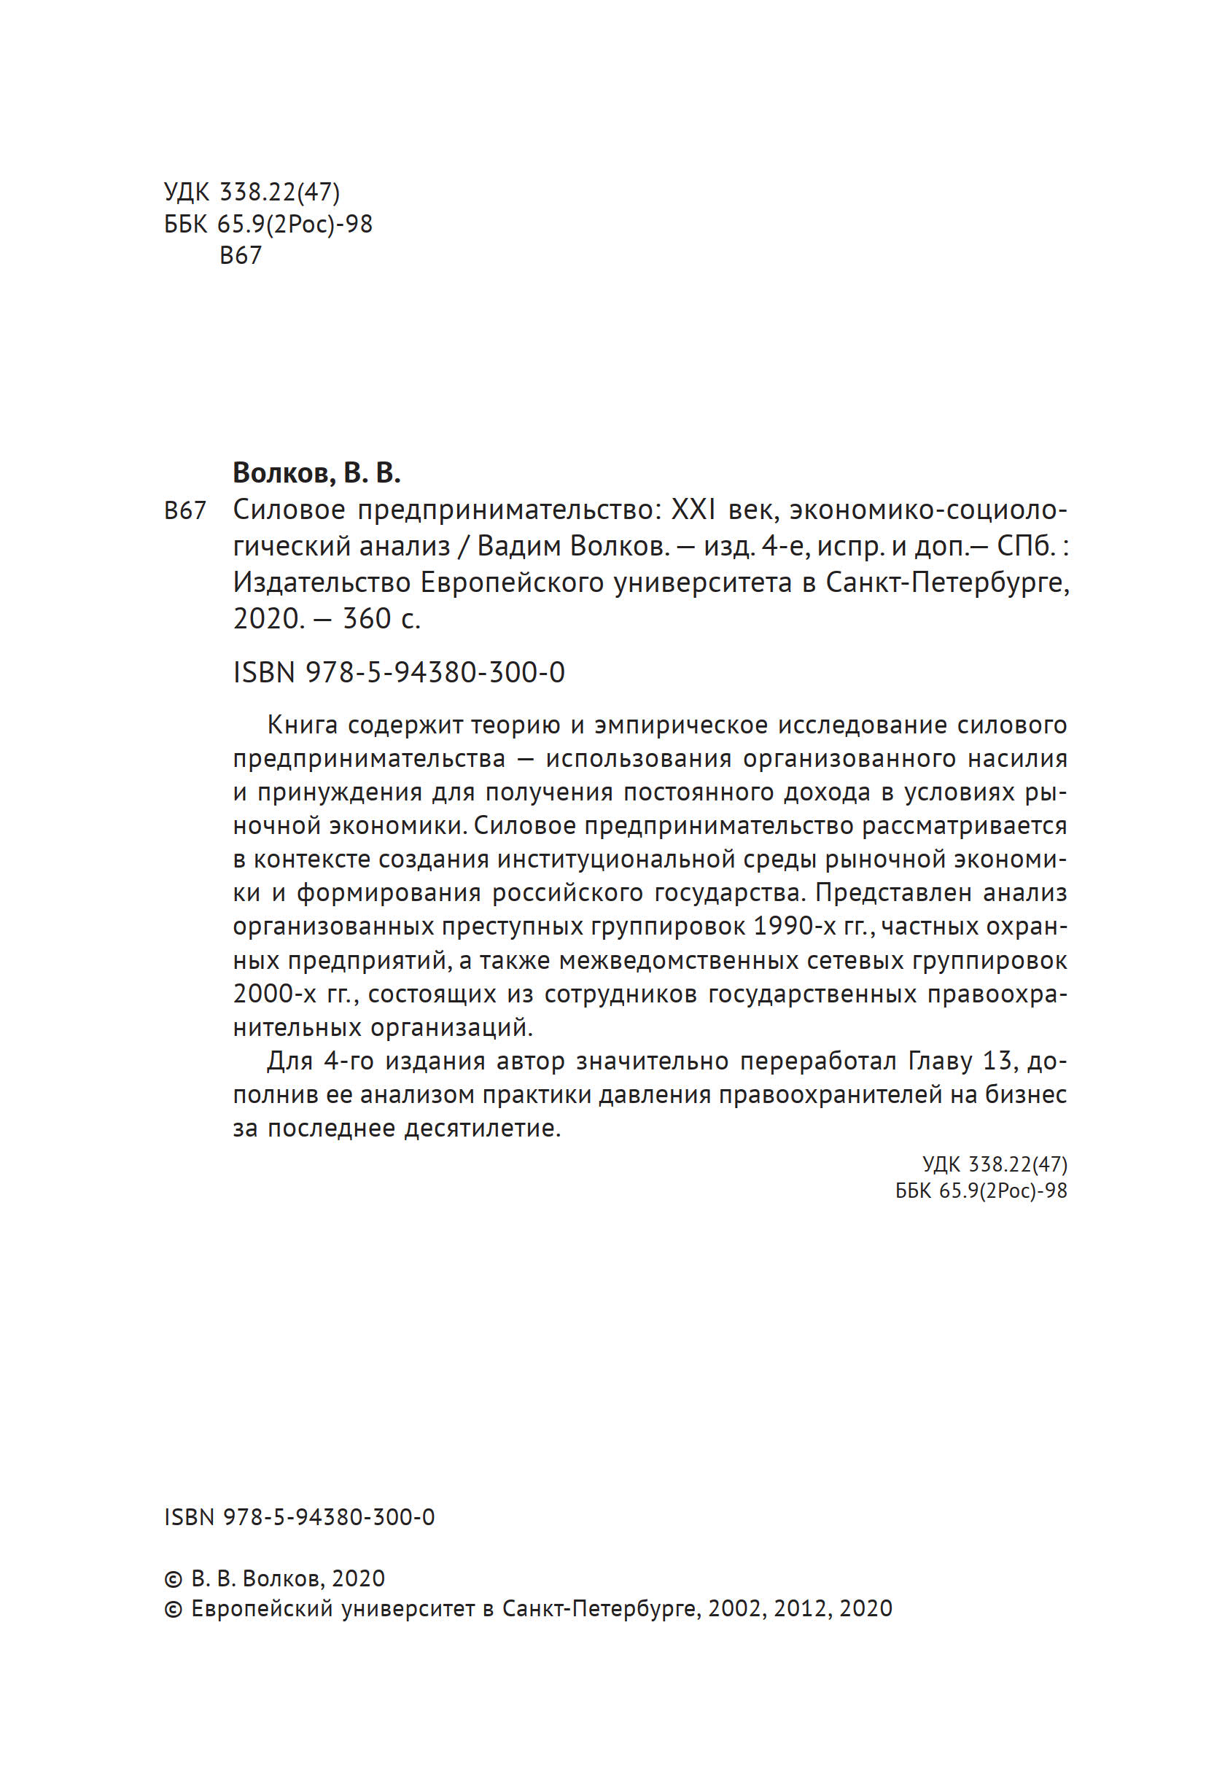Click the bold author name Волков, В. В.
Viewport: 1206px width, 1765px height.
point(316,473)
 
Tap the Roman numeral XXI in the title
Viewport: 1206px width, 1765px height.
point(693,510)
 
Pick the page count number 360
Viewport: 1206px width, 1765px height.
point(367,619)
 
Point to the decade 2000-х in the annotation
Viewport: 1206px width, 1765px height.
point(274,994)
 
